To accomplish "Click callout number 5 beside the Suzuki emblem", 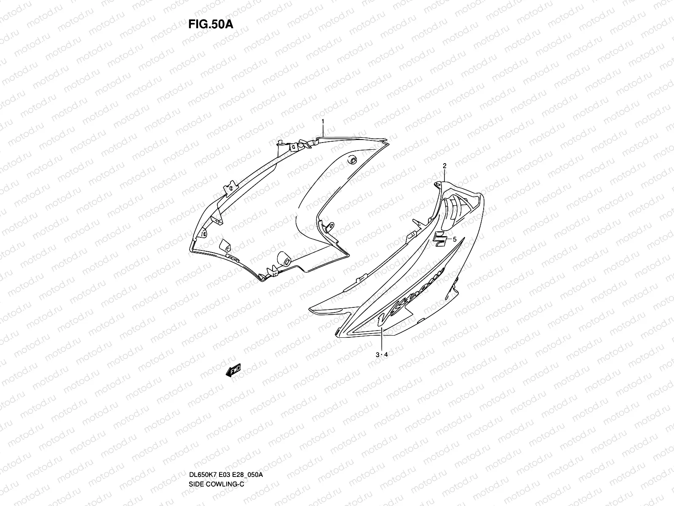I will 455,239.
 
